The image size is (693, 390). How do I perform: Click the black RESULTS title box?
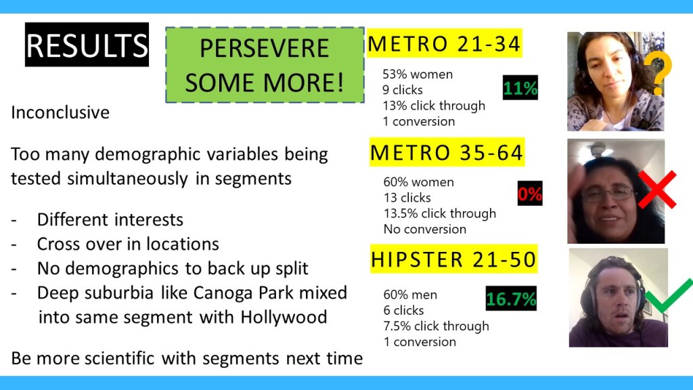click(87, 45)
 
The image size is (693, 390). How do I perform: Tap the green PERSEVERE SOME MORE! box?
click(265, 65)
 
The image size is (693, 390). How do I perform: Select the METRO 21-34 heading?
click(444, 43)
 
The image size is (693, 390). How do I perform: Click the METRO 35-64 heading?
click(447, 152)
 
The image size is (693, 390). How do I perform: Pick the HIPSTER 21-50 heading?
click(453, 259)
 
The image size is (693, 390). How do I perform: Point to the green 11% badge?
click(520, 87)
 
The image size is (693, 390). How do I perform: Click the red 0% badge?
click(530, 193)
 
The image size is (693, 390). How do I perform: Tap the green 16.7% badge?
click(511, 299)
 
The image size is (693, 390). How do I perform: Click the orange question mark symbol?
click(658, 73)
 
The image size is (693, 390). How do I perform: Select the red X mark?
click(656, 190)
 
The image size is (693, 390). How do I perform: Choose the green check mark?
click(668, 295)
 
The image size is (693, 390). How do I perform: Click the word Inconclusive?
click(60, 112)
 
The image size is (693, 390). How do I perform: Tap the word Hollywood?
click(284, 317)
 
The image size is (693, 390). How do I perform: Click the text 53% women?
click(418, 74)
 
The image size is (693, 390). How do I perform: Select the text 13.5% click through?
click(440, 213)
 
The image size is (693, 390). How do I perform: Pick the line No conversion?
click(425, 229)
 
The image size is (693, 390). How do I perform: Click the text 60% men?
click(410, 295)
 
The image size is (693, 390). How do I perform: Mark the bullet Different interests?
click(110, 219)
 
